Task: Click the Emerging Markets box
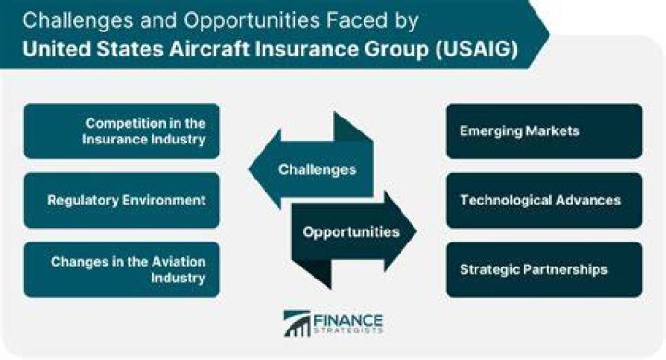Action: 544,130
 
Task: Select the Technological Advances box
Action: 544,200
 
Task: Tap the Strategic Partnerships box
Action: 544,269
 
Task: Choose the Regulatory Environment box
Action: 122,200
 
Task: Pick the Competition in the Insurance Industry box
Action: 122,130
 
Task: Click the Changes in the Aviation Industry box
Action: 122,269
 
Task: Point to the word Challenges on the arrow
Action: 317,169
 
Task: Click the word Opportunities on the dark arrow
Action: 351,232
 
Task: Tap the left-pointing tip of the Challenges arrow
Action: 249,169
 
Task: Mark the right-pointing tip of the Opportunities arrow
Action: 416,231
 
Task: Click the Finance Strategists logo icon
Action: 297,324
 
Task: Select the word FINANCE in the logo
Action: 349,319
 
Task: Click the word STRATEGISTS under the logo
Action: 349,330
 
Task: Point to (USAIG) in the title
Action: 476,49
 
